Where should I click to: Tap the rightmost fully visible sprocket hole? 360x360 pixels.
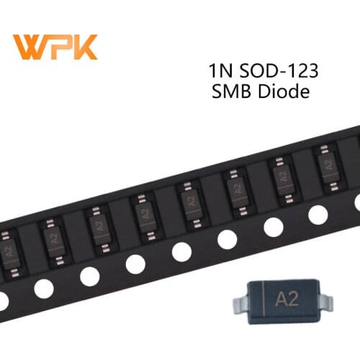click(x=318, y=214)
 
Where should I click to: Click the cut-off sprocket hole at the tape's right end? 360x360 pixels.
click(x=357, y=204)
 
